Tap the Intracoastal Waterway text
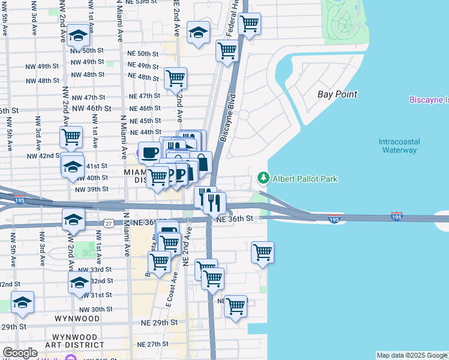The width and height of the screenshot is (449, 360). point(399,146)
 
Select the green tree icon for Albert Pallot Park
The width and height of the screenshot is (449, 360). point(263,178)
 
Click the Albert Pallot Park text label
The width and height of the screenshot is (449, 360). point(305,179)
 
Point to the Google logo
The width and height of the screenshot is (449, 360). point(20,353)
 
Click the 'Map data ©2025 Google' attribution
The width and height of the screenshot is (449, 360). point(411,355)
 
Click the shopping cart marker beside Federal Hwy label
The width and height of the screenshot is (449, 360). point(249,25)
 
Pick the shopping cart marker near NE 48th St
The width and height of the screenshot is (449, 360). point(175,78)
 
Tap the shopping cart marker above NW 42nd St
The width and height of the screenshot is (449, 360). point(71,137)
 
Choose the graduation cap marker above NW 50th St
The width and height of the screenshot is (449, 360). point(77,37)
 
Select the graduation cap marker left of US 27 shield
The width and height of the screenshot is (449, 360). point(73,220)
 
